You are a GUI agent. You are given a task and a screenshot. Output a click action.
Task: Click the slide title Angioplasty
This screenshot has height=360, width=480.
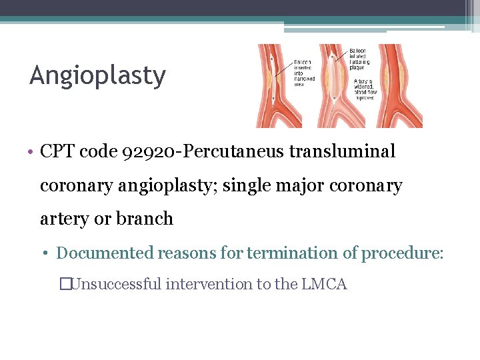[97, 76]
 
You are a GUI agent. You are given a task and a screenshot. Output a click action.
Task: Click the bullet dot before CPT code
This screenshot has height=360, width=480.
[32, 152]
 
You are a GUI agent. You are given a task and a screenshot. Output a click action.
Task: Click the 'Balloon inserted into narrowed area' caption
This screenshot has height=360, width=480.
[304, 73]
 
